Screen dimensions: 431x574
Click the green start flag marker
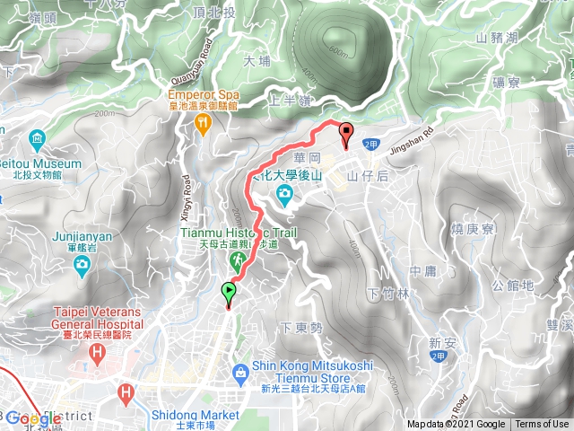pyautogui.click(x=229, y=292)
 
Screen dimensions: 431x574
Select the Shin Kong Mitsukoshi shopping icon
pyautogui.click(x=240, y=373)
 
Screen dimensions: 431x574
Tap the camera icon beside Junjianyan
pyautogui.click(x=82, y=263)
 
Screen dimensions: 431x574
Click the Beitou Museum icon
pyautogui.click(x=37, y=139)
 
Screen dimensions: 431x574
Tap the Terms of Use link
pyautogui.click(x=542, y=425)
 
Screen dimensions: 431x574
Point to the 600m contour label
pyautogui.click(x=338, y=51)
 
